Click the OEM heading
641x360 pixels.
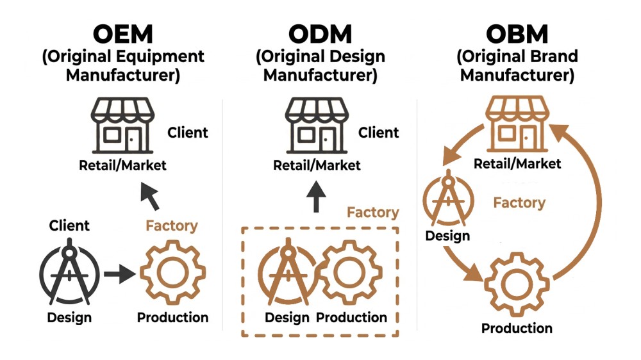(123, 33)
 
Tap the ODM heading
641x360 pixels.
(320, 33)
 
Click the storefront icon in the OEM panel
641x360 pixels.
(122, 126)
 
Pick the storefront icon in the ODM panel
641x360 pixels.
(317, 126)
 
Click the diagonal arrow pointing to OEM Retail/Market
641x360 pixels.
(150, 195)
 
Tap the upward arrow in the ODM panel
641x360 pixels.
(316, 197)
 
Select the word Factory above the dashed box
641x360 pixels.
(372, 212)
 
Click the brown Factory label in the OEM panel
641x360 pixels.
(172, 225)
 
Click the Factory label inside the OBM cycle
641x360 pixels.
(519, 203)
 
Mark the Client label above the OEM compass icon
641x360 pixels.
(69, 225)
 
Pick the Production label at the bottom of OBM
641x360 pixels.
(517, 329)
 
